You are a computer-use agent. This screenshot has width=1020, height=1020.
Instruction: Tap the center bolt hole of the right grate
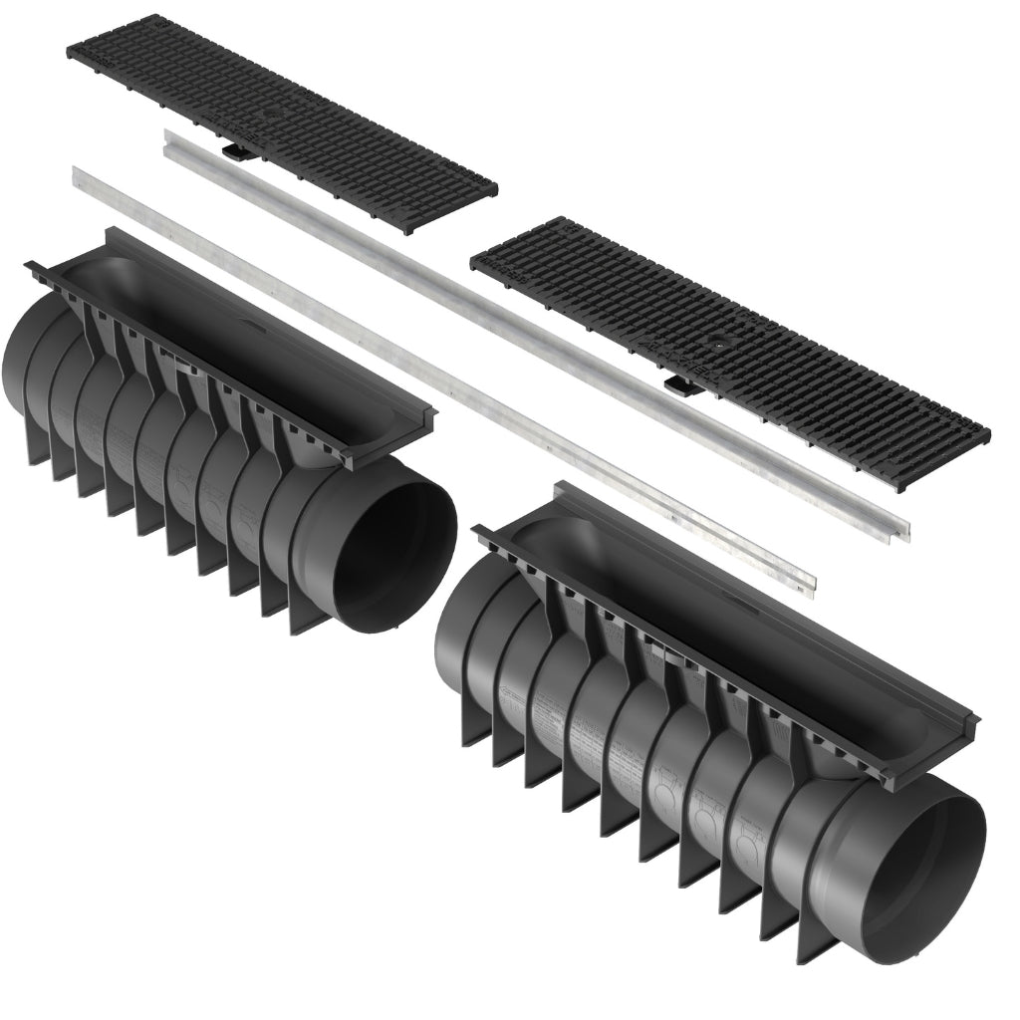tap(716, 343)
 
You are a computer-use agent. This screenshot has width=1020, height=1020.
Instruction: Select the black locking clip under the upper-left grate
tap(236, 152)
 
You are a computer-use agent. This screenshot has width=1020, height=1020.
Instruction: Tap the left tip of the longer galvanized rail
tap(76, 175)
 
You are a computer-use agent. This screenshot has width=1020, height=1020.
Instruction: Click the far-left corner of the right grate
tap(472, 262)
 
